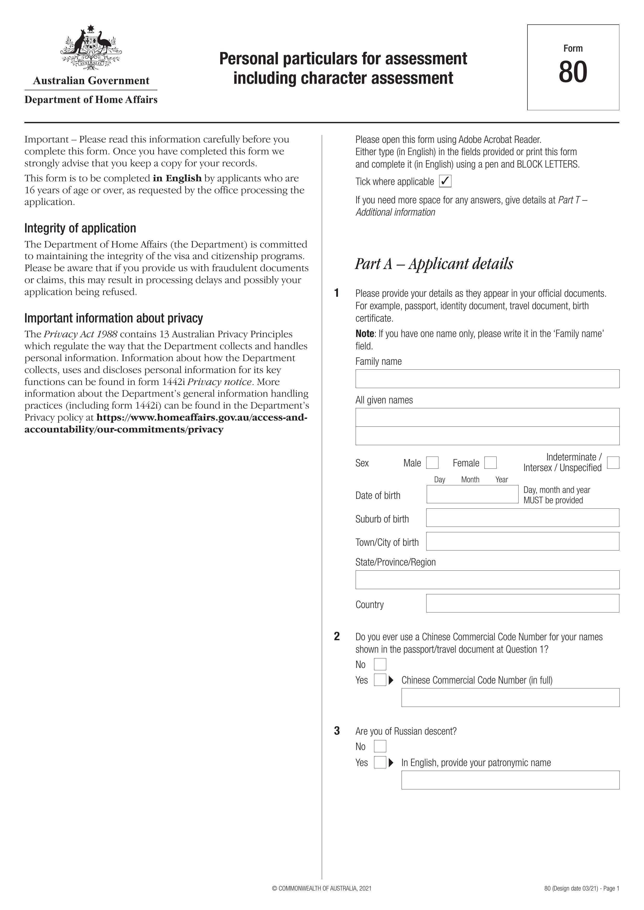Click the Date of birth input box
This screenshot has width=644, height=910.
[472, 494]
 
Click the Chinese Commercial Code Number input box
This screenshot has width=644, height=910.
[510, 697]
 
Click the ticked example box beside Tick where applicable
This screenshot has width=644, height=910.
[445, 182]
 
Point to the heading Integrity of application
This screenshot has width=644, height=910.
[80, 228]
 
